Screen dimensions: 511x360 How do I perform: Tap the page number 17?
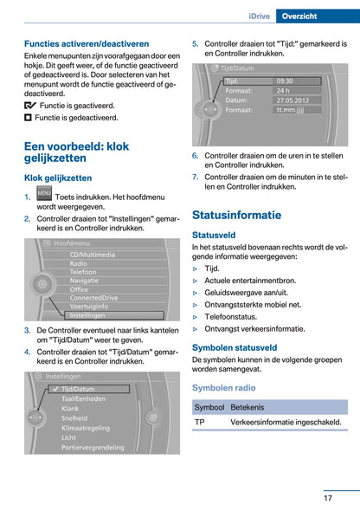pos(329,497)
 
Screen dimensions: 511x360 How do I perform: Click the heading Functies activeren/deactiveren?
pos(87,43)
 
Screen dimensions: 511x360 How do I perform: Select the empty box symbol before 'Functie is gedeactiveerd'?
pos(29,117)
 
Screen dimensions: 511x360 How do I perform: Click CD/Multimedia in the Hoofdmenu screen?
pos(93,255)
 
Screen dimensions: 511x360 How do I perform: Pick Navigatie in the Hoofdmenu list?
pos(85,281)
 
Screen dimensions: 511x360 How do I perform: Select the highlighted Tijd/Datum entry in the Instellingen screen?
pos(80,390)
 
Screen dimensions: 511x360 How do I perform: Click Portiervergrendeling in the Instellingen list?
pos(94,447)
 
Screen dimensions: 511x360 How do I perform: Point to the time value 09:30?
pos(285,81)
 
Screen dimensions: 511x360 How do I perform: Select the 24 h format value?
pos(284,90)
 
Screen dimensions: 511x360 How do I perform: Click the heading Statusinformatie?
pos(236,215)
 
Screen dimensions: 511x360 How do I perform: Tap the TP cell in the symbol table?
pos(200,422)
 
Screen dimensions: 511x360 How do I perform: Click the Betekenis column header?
pos(247,406)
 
